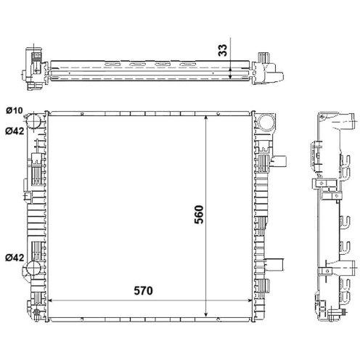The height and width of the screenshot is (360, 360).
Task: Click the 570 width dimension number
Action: [144, 290]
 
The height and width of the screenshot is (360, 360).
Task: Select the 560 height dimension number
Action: [199, 215]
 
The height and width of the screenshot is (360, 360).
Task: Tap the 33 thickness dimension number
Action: [223, 50]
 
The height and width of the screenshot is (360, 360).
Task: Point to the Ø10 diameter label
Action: [15, 111]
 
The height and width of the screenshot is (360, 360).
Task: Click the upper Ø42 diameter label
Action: [15, 131]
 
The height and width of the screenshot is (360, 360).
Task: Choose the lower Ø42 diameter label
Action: [15, 258]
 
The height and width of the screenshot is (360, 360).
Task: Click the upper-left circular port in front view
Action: [33, 120]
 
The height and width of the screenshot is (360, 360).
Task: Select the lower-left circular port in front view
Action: [33, 268]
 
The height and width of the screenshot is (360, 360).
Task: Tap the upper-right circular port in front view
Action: [266, 122]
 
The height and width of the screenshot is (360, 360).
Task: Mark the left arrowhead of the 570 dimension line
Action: [50, 300]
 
